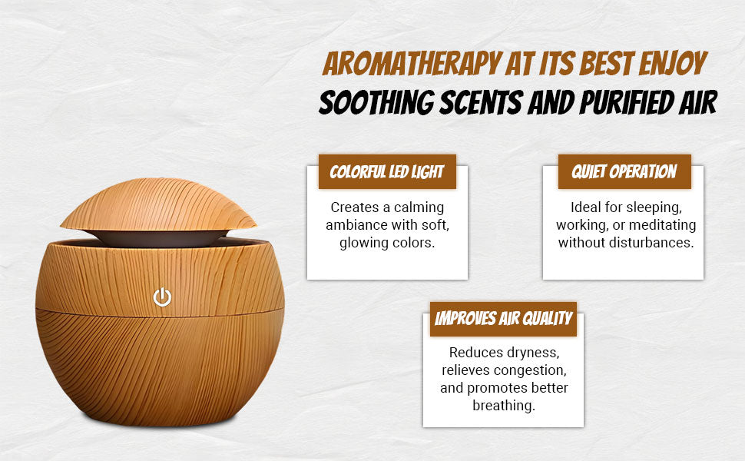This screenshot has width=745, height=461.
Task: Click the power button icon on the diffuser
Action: [162, 297]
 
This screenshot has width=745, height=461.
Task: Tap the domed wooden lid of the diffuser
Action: [158, 205]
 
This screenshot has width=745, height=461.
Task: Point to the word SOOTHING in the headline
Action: [376, 102]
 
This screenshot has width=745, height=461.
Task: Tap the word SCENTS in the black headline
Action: [481, 102]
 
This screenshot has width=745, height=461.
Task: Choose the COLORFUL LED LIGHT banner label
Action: [387, 171]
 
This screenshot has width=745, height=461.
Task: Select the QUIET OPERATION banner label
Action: [624, 171]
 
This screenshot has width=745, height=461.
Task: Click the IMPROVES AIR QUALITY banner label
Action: [503, 319]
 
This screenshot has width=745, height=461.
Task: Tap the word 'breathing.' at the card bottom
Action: [504, 406]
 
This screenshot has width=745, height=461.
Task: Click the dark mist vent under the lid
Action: [158, 238]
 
